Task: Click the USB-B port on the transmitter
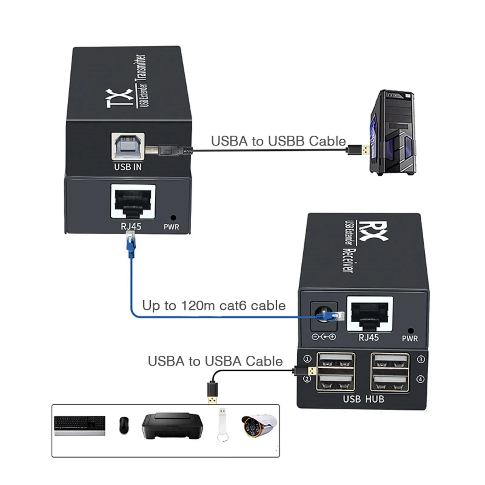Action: pos(128,146)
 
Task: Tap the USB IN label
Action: pos(128,167)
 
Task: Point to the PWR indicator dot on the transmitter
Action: pos(173,218)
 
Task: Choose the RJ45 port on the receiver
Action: pos(370,313)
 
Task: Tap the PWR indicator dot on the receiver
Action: pos(411,331)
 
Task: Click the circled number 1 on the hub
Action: pos(307,359)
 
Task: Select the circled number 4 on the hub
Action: pos(420,379)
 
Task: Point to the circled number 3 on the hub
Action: pos(420,360)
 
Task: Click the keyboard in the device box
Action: pos(80,426)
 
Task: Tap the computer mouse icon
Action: pos(124,425)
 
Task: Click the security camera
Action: pos(259,425)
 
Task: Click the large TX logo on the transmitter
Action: pos(120,98)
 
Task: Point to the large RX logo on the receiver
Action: pos(373,231)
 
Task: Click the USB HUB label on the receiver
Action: pos(363,399)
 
